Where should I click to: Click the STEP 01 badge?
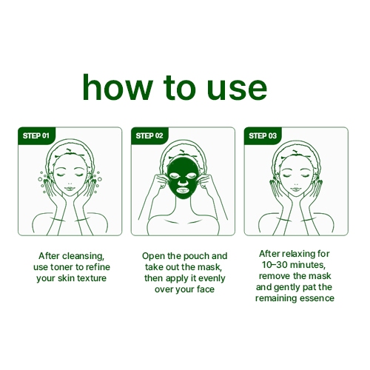pos(37,135)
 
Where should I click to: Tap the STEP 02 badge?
pos(149,135)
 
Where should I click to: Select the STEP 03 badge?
pos(263,135)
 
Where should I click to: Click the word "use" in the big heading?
pos(237,88)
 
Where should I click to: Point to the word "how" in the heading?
pos(118,87)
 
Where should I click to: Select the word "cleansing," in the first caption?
pos(83,256)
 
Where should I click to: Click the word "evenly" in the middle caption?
pos(212,278)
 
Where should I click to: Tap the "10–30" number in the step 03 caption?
pos(274,265)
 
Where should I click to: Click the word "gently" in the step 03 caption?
pos(287,288)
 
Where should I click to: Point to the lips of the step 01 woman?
pos(70,189)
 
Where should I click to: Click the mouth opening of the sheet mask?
pos(183,190)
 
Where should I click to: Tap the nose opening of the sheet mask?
pos(183,183)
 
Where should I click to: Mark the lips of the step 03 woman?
pos(296,189)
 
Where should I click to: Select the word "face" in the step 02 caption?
pos(206,289)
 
